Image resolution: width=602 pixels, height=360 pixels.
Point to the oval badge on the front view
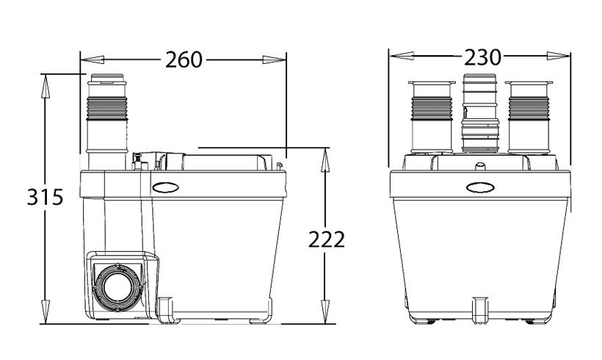pos(479,187)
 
